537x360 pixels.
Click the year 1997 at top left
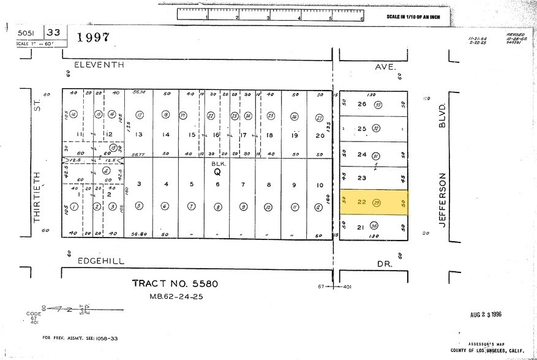[x=93, y=37]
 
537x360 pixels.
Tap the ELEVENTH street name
[x=99, y=64]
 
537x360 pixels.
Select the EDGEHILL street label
[x=101, y=261]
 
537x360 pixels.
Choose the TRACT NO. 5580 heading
[x=175, y=283]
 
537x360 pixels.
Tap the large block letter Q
[x=217, y=173]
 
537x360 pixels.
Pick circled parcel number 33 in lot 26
[x=378, y=105]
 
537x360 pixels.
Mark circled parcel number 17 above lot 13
[x=139, y=115]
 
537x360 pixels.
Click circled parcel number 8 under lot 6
[x=217, y=207]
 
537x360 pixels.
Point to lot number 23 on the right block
[x=362, y=178]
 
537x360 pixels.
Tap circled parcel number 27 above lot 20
[x=319, y=118]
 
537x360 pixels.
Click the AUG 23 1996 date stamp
[x=486, y=314]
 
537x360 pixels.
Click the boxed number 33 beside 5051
[x=53, y=32]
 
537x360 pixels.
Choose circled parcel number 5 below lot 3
[x=139, y=206]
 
